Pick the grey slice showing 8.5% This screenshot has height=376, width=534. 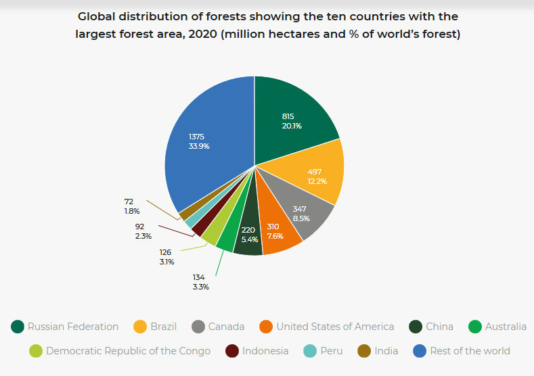[301, 214]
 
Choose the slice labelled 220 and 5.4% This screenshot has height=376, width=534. [248, 235]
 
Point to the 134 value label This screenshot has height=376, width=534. [198, 277]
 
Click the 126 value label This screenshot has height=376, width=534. [166, 252]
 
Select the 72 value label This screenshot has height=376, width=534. [129, 202]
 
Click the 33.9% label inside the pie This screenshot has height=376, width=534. [198, 146]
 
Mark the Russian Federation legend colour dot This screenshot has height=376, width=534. [18, 327]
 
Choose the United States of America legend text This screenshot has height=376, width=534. [334, 327]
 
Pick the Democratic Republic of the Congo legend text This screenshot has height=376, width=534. [128, 351]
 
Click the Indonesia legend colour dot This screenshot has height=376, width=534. [232, 351]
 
